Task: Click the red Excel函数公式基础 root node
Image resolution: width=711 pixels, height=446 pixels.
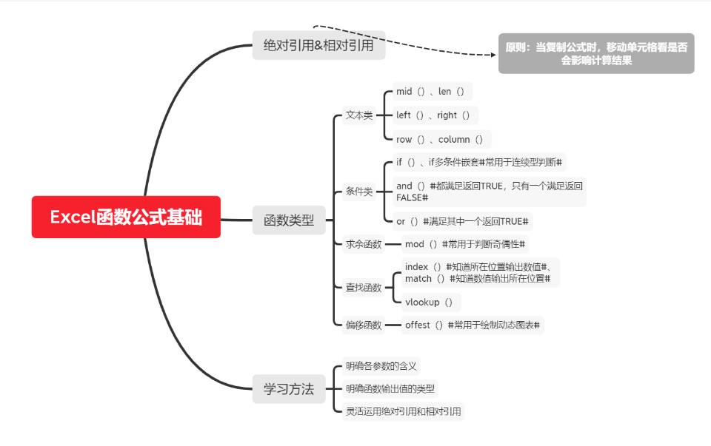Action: tap(126, 217)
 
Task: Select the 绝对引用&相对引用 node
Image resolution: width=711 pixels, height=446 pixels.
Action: tap(318, 45)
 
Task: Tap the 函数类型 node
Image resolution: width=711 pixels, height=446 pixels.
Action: tap(289, 220)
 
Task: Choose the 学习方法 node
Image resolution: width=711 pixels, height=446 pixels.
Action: tap(289, 388)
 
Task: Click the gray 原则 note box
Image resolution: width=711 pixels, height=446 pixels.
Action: tap(596, 53)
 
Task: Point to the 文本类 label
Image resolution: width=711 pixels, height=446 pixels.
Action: tap(359, 115)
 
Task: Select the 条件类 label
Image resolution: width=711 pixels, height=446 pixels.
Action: tap(359, 192)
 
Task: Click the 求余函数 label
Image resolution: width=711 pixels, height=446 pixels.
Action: tap(364, 244)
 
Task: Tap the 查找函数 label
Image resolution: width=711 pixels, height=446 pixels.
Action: tap(364, 288)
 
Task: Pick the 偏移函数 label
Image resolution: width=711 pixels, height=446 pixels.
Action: tap(364, 325)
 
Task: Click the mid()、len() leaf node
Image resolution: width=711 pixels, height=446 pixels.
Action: tap(430, 92)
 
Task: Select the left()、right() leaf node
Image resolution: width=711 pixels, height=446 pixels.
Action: tap(433, 115)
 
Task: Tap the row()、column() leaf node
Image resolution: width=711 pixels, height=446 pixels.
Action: tap(439, 139)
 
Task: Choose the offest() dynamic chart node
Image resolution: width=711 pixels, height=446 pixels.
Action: tap(472, 325)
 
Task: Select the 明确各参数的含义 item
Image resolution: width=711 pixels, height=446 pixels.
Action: tap(381, 365)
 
